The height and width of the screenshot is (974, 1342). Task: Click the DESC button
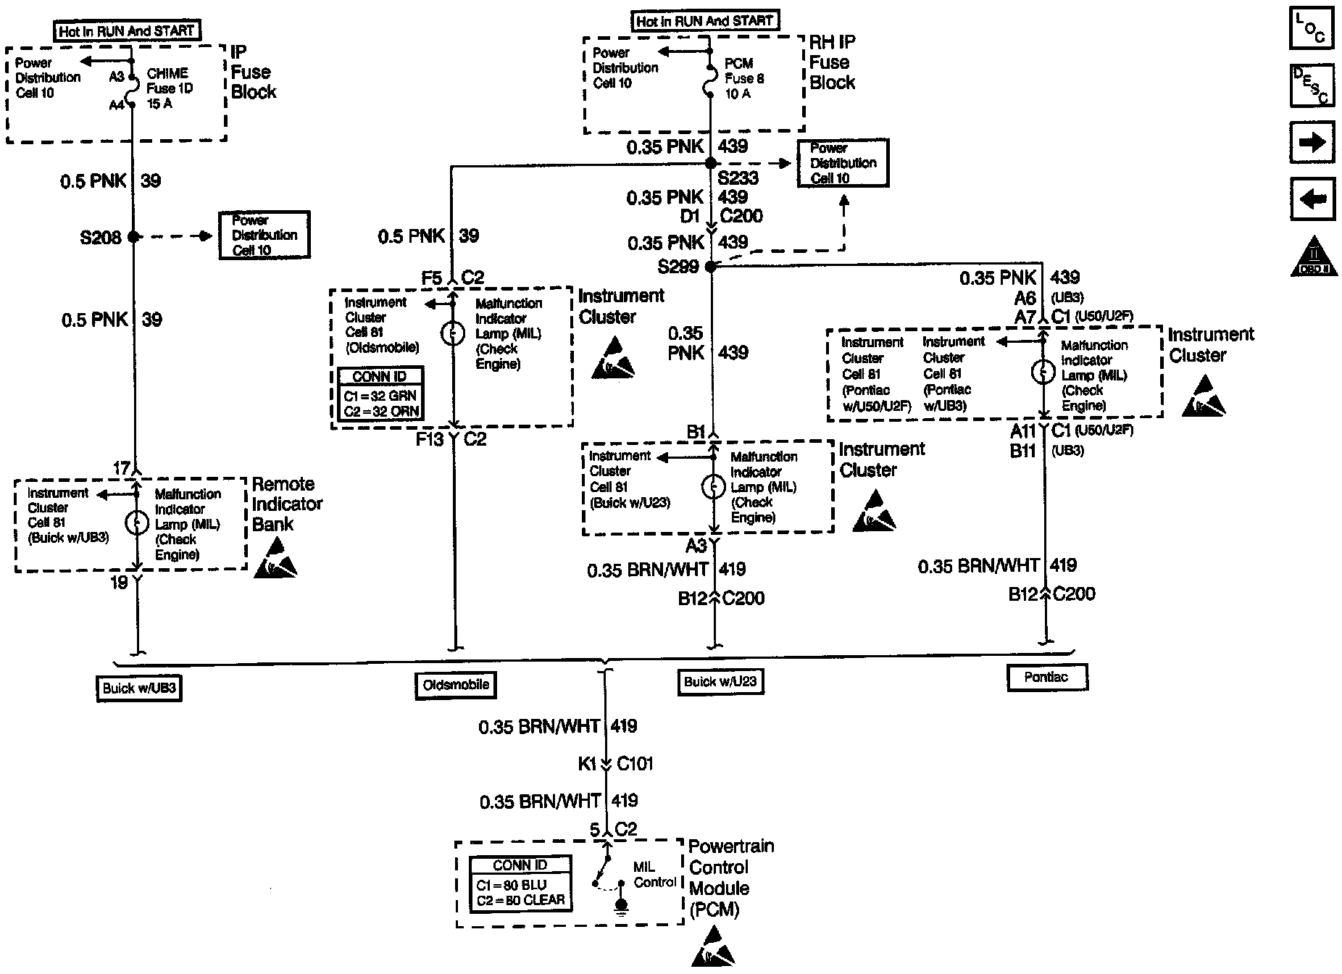pyautogui.click(x=1311, y=86)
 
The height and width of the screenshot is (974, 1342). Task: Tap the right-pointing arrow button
pyautogui.click(x=1311, y=142)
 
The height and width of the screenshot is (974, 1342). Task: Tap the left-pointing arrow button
pyautogui.click(x=1311, y=198)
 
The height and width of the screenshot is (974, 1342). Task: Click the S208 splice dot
pyautogui.click(x=133, y=236)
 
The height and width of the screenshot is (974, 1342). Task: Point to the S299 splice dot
pyautogui.click(x=711, y=267)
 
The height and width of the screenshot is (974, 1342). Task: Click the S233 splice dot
pyautogui.click(x=711, y=164)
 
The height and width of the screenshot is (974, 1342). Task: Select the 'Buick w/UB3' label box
pyautogui.click(x=138, y=688)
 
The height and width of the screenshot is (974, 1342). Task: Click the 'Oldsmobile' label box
pyautogui.click(x=456, y=685)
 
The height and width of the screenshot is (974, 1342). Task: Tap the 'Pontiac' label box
pyautogui.click(x=1046, y=677)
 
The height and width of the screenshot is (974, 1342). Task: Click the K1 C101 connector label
pyautogui.click(x=616, y=764)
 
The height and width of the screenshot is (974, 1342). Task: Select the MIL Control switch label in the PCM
pyautogui.click(x=654, y=875)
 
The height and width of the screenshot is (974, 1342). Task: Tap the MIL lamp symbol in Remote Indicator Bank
pyautogui.click(x=137, y=523)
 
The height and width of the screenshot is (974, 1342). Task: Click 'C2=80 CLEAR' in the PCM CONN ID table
pyautogui.click(x=520, y=901)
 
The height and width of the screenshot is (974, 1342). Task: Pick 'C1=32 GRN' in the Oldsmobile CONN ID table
pyautogui.click(x=380, y=396)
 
